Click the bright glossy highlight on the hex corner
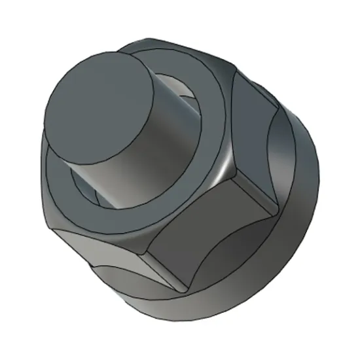point(226,164)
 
